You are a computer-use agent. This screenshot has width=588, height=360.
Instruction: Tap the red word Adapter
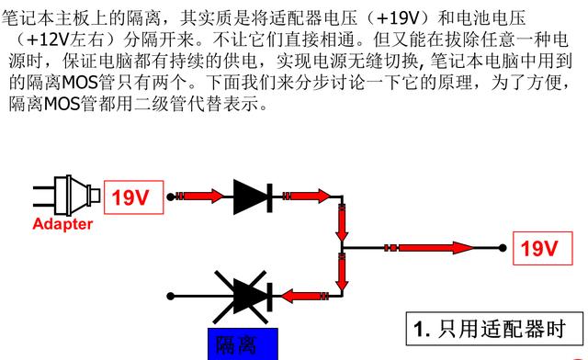(x=62, y=224)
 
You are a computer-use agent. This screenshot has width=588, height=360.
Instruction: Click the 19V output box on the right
(x=539, y=248)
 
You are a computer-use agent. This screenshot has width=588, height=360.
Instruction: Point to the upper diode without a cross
(x=250, y=196)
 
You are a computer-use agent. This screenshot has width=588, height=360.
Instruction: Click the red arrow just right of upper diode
(x=309, y=196)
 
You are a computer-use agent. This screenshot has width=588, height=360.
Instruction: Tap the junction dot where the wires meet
(x=341, y=248)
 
